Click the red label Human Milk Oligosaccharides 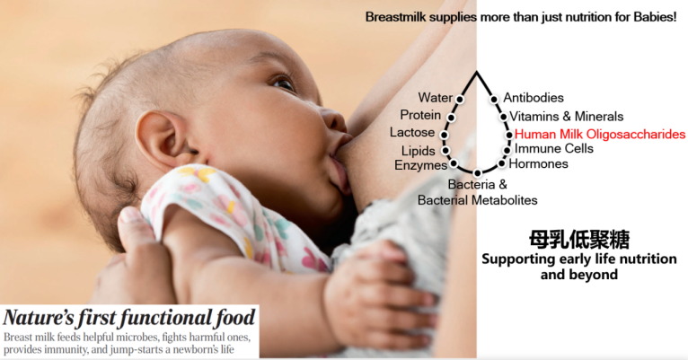point(600,134)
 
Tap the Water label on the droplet point(435,97)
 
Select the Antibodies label point(534,97)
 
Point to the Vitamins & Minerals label point(566,116)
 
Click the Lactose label point(412,133)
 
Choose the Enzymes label point(420,165)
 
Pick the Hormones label point(538,163)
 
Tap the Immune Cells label point(554,149)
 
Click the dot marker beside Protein point(451,118)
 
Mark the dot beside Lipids point(445,151)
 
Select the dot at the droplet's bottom point(478,173)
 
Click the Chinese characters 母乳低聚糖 point(579,240)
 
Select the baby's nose point(334,119)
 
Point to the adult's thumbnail point(130,215)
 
